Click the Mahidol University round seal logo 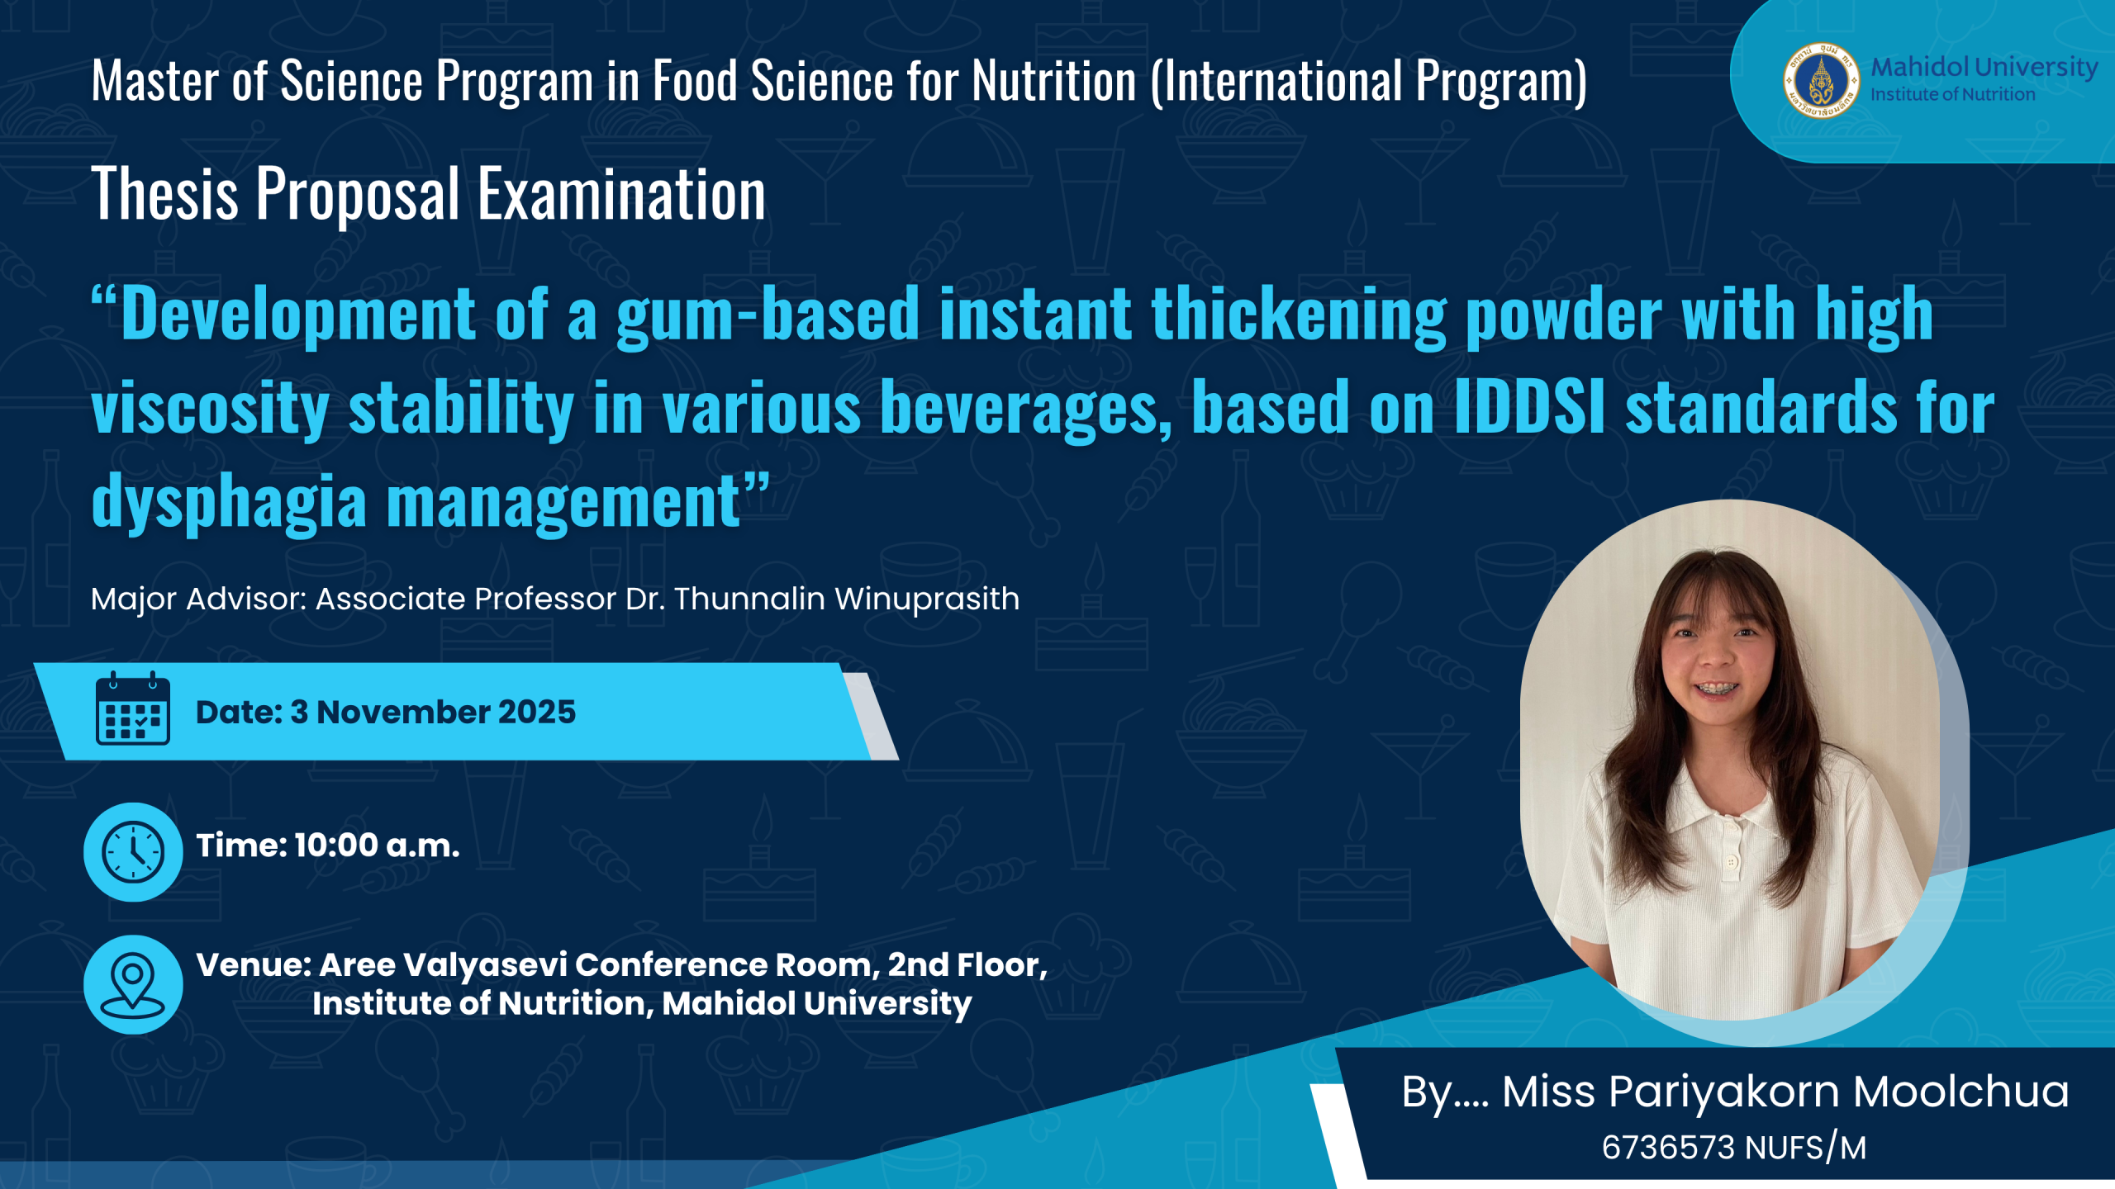click(1821, 81)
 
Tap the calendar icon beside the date click(132, 708)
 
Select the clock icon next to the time click(133, 851)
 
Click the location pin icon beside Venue click(133, 984)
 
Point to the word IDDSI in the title click(1529, 406)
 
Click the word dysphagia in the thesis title click(229, 501)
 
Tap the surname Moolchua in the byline click(1961, 1092)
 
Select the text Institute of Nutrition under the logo click(1953, 95)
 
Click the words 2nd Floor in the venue click(967, 964)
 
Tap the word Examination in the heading click(622, 194)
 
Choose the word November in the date click(402, 712)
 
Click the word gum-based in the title click(768, 314)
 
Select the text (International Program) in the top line click(1369, 82)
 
